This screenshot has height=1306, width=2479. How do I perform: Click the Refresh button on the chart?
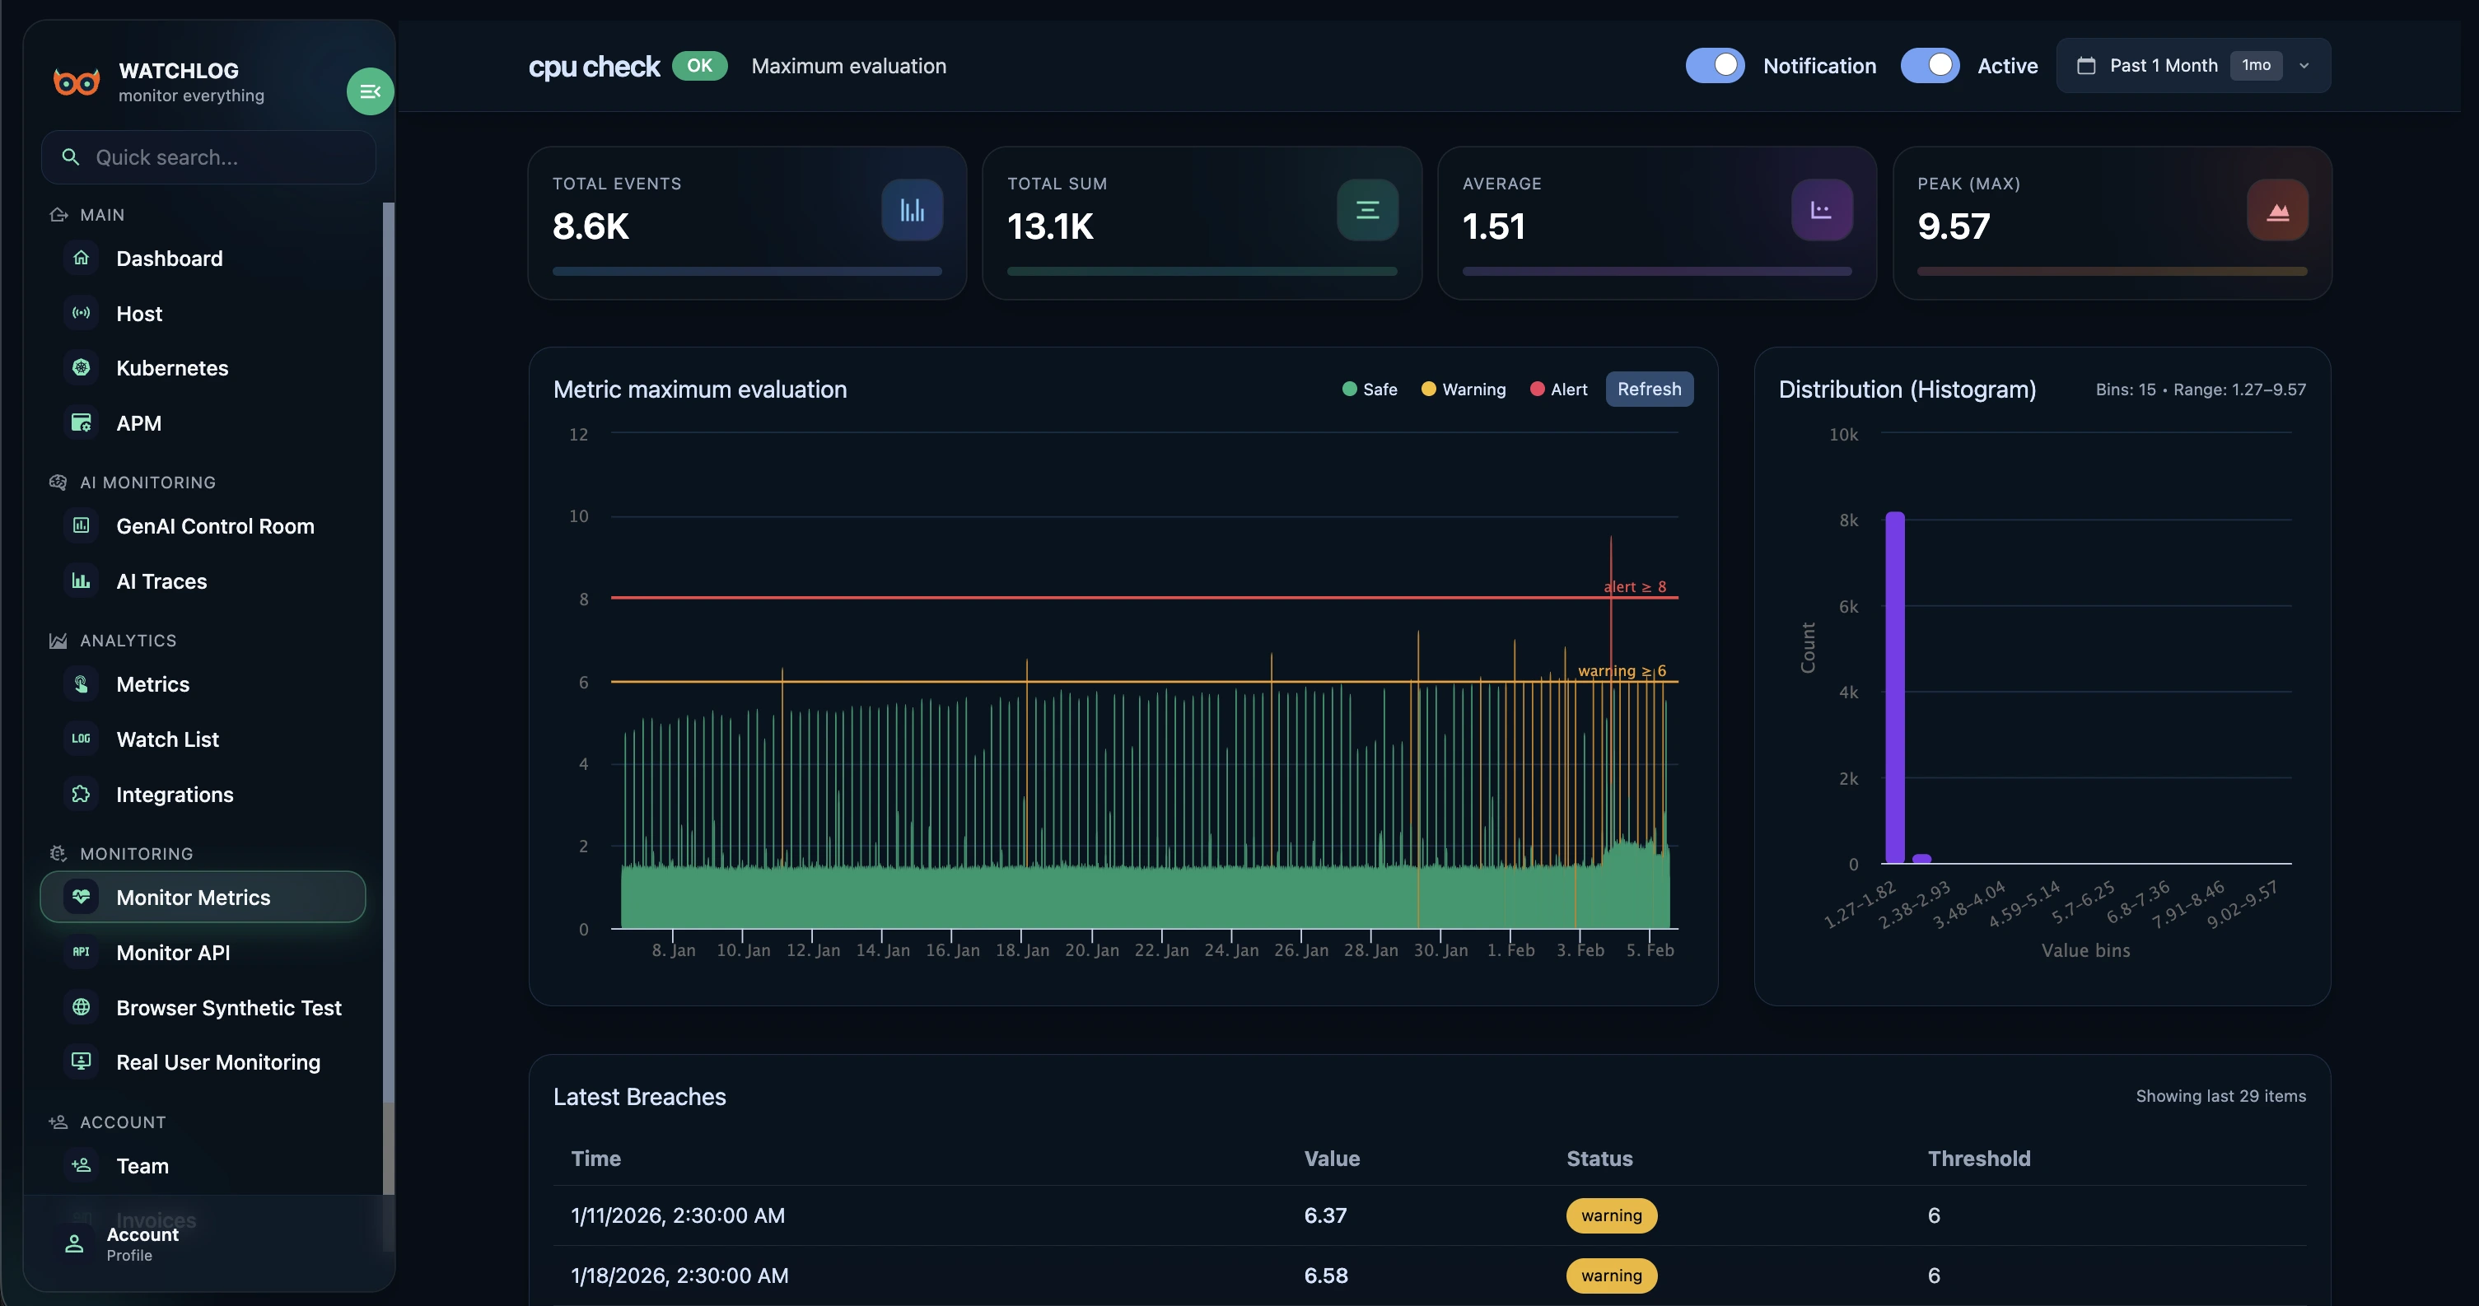coord(1649,389)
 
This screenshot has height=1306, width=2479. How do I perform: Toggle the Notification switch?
coord(1714,65)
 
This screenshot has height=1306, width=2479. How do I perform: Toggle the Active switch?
coord(1929,65)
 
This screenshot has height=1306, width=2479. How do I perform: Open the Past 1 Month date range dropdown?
coord(2192,65)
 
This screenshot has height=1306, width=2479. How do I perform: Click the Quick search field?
coord(209,157)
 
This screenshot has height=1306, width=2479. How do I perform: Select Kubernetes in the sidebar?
coord(172,367)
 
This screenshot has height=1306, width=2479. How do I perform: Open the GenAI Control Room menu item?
coord(215,525)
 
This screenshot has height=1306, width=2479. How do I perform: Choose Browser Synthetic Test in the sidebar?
coord(228,1008)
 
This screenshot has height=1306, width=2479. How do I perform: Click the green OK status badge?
coord(698,65)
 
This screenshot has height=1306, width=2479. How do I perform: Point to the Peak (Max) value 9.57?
coord(1953,226)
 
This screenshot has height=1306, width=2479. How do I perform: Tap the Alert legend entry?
coord(1558,389)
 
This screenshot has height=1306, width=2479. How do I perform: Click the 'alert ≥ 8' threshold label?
coord(1634,586)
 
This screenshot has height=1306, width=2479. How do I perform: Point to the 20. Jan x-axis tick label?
coord(1091,950)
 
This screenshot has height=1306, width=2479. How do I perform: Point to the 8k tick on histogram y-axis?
coord(1847,520)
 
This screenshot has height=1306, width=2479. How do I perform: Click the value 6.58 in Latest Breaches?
coord(1325,1276)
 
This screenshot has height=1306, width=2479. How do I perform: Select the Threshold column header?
coord(1978,1158)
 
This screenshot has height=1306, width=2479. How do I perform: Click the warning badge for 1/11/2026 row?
coord(1611,1215)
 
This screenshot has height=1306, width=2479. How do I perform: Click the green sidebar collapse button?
coord(370,91)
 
